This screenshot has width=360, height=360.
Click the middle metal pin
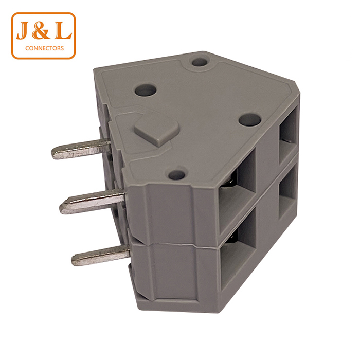click(93, 201)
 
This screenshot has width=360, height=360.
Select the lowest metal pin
click(101, 255)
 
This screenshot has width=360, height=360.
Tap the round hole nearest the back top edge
click(199, 63)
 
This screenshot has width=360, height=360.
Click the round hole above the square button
click(146, 91)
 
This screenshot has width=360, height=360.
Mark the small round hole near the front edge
click(176, 175)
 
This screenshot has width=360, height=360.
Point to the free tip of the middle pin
click(64, 208)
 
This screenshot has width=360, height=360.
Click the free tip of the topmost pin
click(56, 153)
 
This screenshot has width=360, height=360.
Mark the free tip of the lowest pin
click(75, 260)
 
